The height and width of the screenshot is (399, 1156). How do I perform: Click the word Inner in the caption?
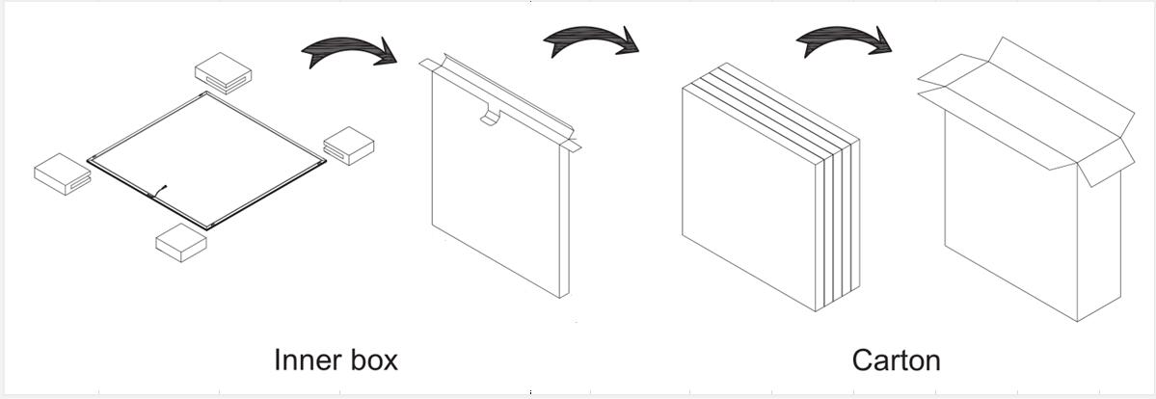click(306, 359)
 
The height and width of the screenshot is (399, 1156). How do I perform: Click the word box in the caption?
click(371, 359)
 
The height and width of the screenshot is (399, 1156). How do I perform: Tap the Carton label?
click(896, 360)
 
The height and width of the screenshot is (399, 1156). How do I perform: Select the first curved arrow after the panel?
click(349, 53)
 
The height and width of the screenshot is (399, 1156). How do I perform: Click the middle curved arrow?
click(590, 40)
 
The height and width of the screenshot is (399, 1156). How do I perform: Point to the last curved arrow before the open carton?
click(844, 40)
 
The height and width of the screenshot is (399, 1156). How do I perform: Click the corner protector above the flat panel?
click(224, 72)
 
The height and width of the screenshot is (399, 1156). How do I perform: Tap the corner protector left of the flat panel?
click(63, 174)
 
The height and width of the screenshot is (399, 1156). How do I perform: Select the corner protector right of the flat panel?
click(349, 146)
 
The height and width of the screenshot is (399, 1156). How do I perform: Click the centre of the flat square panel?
click(206, 160)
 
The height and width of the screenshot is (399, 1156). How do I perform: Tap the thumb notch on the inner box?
click(490, 117)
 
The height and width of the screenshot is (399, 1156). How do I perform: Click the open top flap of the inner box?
click(497, 99)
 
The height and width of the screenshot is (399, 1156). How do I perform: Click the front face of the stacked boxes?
click(748, 199)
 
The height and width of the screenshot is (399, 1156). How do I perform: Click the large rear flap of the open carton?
click(1062, 85)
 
